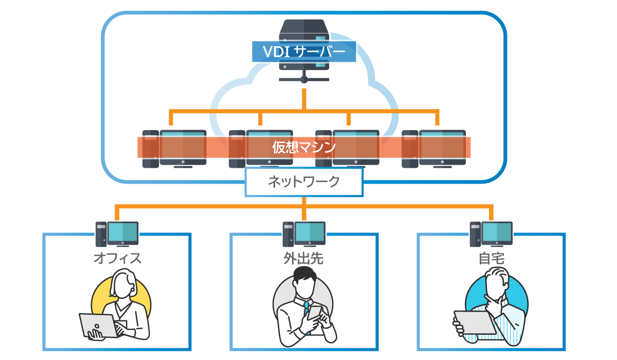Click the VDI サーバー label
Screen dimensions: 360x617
click(x=304, y=52)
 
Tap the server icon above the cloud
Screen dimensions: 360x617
click(x=304, y=31)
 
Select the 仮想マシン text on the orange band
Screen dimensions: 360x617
click(x=304, y=148)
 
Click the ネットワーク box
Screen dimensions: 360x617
click(x=304, y=182)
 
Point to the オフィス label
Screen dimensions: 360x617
click(x=117, y=258)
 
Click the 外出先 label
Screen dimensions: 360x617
click(x=304, y=258)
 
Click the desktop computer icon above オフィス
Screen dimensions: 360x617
click(x=117, y=234)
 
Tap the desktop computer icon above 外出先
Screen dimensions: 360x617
click(x=304, y=234)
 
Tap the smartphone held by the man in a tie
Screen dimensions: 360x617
click(x=315, y=315)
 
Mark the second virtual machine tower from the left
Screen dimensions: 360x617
click(x=237, y=149)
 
